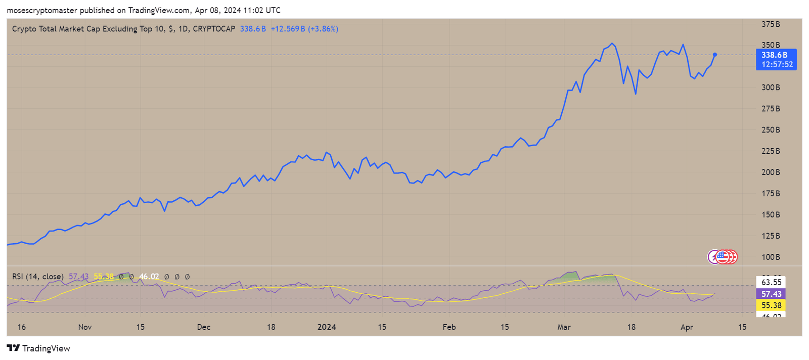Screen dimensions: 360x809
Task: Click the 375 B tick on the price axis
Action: [771, 24]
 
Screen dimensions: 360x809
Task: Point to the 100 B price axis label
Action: [771, 257]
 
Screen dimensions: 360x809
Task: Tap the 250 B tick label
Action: [771, 130]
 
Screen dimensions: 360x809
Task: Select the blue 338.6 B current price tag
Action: [776, 59]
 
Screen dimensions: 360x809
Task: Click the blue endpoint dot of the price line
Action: [715, 55]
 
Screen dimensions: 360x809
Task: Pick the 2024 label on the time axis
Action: [327, 327]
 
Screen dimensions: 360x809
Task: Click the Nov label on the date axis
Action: [85, 327]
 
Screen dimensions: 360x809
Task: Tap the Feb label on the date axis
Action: [449, 327]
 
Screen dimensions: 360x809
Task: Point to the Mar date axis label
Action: [564, 327]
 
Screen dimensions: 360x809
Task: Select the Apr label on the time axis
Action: [687, 327]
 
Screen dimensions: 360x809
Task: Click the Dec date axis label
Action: [204, 327]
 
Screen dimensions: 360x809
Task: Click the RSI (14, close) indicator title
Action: [38, 277]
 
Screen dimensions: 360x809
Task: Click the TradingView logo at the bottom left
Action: [38, 348]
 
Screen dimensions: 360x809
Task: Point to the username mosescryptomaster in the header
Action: [42, 10]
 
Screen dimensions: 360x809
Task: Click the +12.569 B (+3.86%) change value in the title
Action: [304, 29]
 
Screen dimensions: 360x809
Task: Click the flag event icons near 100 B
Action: [723, 257]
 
